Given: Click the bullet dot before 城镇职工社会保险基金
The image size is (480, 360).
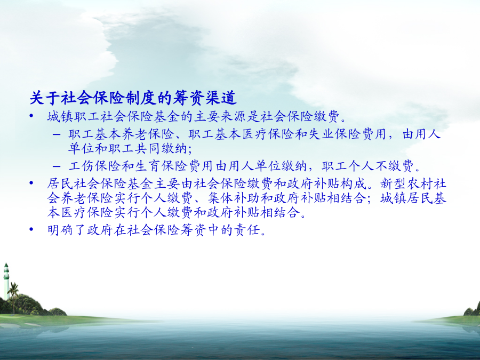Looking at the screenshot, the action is [31, 116].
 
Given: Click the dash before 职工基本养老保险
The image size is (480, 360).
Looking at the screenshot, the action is [57, 134].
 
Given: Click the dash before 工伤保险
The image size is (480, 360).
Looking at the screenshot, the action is [57, 166].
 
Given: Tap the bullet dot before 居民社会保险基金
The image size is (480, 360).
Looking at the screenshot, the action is [31, 183].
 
